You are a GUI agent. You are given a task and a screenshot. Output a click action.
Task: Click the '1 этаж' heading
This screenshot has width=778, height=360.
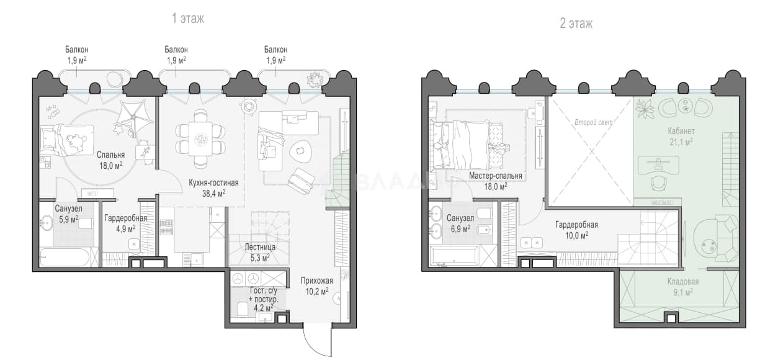tap(188, 19)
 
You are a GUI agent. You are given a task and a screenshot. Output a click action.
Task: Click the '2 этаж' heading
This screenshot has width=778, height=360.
tap(576, 24)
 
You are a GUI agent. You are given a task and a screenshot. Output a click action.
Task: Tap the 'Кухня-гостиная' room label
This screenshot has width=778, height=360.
tap(213, 182)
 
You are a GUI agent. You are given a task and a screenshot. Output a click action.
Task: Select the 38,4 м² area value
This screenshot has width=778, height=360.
tap(213, 194)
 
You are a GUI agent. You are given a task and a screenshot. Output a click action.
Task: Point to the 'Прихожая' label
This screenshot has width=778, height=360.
tap(317, 281)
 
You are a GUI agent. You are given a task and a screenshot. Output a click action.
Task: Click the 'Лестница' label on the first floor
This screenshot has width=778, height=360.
tap(260, 247)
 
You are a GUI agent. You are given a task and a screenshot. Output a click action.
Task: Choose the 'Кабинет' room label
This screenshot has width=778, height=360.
tap(681, 131)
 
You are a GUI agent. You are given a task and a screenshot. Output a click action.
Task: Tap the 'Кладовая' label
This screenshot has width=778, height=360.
tap(683, 281)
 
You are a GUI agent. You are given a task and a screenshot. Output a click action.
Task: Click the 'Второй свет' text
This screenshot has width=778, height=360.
tap(594, 122)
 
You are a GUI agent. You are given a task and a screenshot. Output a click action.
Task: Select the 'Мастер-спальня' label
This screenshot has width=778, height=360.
tap(496, 176)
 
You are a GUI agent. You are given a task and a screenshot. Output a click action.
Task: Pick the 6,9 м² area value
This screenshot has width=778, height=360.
tap(460, 229)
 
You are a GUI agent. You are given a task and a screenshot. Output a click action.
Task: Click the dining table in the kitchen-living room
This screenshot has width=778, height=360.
tap(200, 139)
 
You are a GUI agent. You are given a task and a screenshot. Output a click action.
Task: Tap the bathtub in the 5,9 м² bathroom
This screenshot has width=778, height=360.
tap(65, 257)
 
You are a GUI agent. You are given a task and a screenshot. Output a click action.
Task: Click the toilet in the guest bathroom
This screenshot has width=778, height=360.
tap(243, 309)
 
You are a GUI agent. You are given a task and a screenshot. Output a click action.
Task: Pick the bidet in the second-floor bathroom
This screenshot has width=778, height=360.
tap(484, 230)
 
